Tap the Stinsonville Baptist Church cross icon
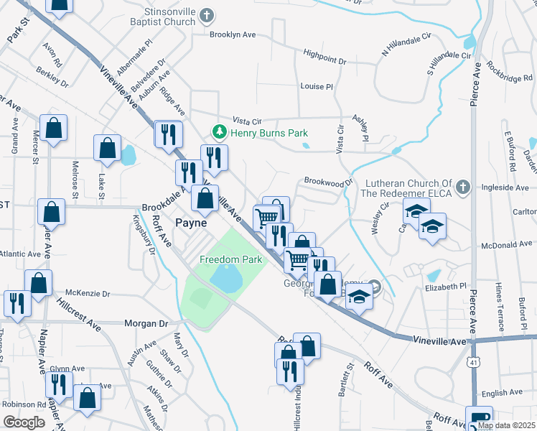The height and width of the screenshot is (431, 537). pos(207,16)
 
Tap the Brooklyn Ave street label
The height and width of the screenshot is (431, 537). pos(233,34)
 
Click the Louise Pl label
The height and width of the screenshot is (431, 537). pos(317,86)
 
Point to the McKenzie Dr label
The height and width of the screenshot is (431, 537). pos(88,293)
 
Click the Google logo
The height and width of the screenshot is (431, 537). pos(24,422)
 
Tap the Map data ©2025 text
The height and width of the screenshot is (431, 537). pos(507,425)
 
